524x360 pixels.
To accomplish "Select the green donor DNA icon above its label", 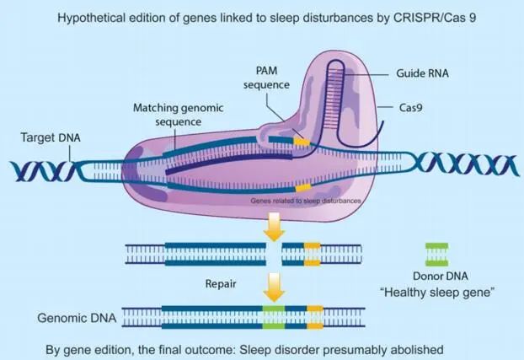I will [x=436, y=251].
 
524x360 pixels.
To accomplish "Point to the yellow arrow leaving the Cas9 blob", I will [x=274, y=224].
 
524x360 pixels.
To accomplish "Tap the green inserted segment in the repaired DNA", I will [x=273, y=317].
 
